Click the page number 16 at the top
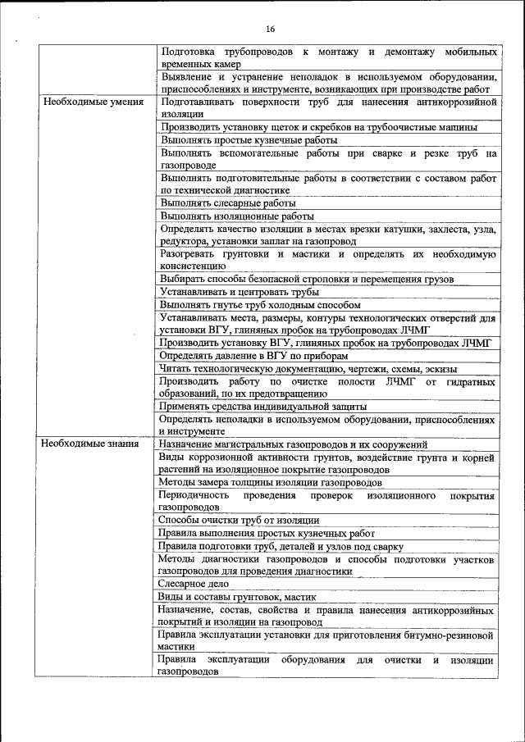pos(270,30)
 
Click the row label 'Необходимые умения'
pos(92,102)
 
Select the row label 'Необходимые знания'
pos(90,444)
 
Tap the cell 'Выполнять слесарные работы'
pos(228,203)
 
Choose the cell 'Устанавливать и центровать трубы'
pos(240,292)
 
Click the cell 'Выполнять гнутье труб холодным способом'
pos(260,305)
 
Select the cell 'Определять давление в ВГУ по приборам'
pos(253,356)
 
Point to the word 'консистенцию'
pos(193,266)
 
